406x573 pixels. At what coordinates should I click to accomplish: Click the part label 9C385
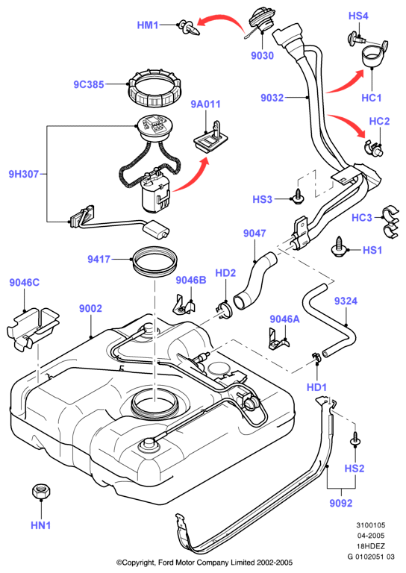(x=89, y=84)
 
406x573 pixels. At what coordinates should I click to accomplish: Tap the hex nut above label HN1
(x=41, y=491)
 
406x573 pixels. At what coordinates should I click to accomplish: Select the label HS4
(x=358, y=16)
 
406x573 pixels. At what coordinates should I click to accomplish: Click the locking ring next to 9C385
(x=156, y=88)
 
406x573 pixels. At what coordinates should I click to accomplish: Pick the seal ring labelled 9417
(x=155, y=260)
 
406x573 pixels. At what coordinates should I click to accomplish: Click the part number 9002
(x=90, y=308)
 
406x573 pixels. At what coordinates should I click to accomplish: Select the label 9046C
(x=25, y=283)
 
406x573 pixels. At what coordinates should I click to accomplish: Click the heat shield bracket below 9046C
(x=33, y=328)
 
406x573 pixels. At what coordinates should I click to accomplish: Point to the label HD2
(x=225, y=273)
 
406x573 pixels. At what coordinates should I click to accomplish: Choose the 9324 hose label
(x=346, y=301)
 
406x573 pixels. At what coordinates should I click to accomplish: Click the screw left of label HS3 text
(x=299, y=196)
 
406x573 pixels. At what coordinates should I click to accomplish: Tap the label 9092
(x=341, y=503)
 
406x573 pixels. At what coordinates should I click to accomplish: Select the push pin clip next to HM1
(x=190, y=28)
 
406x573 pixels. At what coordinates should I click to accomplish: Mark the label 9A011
(x=206, y=104)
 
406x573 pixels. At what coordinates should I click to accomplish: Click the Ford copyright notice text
(x=204, y=563)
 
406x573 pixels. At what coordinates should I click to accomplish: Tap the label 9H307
(x=24, y=174)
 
